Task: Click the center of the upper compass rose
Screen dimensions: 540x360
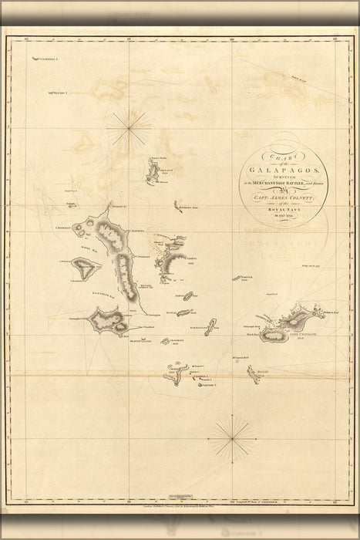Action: pos(128,127)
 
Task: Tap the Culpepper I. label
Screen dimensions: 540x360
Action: pos(46,59)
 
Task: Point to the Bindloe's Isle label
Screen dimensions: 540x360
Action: pos(189,209)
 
